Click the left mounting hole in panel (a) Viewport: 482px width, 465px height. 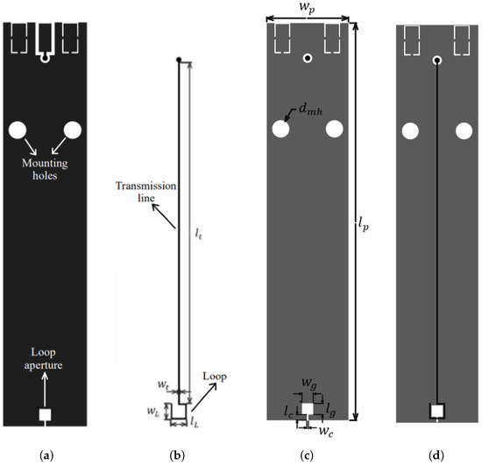point(18,130)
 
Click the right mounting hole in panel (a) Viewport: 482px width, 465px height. point(72,130)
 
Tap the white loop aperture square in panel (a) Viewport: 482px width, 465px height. point(45,414)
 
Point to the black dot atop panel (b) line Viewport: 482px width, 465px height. point(179,60)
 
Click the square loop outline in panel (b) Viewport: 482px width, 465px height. point(180,410)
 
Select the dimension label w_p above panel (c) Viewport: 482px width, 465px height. point(306,11)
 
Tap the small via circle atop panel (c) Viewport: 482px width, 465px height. point(307,59)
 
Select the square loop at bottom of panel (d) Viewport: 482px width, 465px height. point(437,411)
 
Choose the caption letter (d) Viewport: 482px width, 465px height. point(436,455)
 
